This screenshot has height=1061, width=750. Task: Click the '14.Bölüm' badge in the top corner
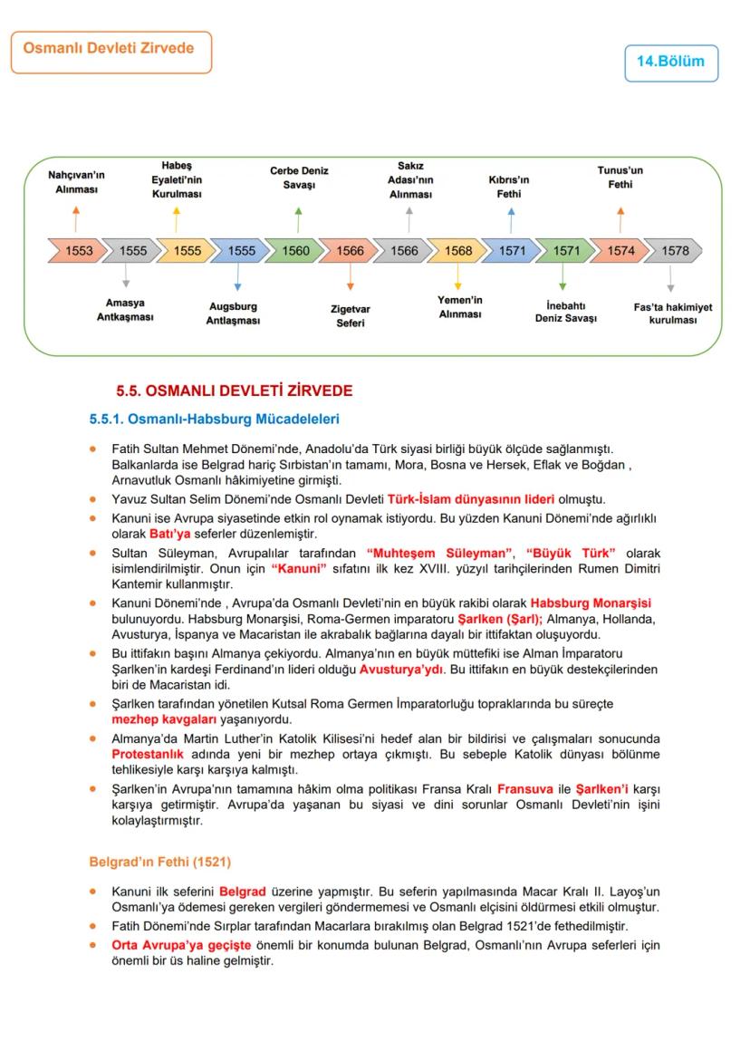click(670, 63)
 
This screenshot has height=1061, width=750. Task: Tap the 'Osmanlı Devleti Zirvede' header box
click(111, 51)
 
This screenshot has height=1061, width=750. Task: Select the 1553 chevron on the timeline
click(78, 251)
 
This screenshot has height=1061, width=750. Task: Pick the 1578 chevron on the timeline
click(674, 251)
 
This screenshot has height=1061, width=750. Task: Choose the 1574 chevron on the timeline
click(620, 251)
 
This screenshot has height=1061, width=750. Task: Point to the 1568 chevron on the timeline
click(457, 251)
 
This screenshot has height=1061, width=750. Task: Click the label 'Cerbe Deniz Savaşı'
click(299, 178)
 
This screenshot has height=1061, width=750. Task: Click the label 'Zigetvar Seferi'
click(350, 315)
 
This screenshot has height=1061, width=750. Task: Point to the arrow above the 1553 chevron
click(76, 218)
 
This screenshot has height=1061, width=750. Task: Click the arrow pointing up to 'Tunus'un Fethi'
click(620, 218)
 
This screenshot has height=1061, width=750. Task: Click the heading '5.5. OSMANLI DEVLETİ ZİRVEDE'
click(234, 391)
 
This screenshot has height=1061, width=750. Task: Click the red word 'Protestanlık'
click(148, 754)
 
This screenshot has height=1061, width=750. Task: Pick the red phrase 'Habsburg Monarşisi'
click(591, 603)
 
